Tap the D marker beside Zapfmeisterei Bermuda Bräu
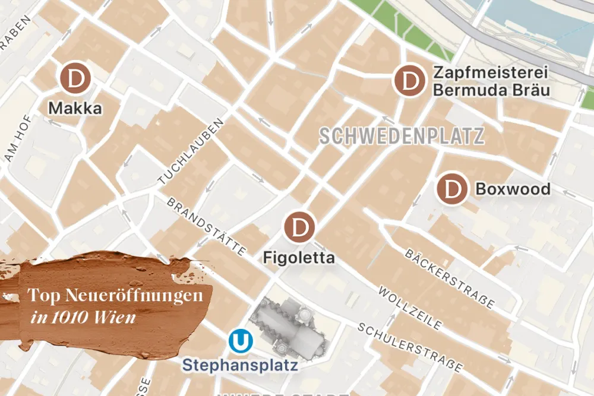pos(409,80)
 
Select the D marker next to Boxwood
pos(453,189)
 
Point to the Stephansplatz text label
pos(240,365)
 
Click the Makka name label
pos(75,109)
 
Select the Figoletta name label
pos(299,258)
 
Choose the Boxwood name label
pos(513,189)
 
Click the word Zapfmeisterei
pos(490,73)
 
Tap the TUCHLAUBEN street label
pos(191,150)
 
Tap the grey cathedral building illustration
pos(287,328)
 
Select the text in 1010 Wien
pos(84,317)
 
